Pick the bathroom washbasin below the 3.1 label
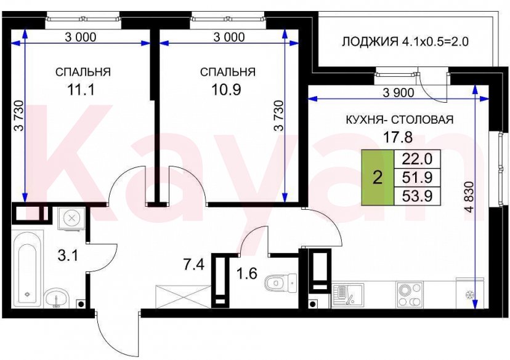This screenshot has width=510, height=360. [57, 298]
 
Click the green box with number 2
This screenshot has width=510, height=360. [378, 178]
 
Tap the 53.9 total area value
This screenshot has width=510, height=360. [416, 196]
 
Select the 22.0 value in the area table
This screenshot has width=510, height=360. [416, 159]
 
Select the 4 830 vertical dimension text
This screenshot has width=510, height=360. [466, 195]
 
